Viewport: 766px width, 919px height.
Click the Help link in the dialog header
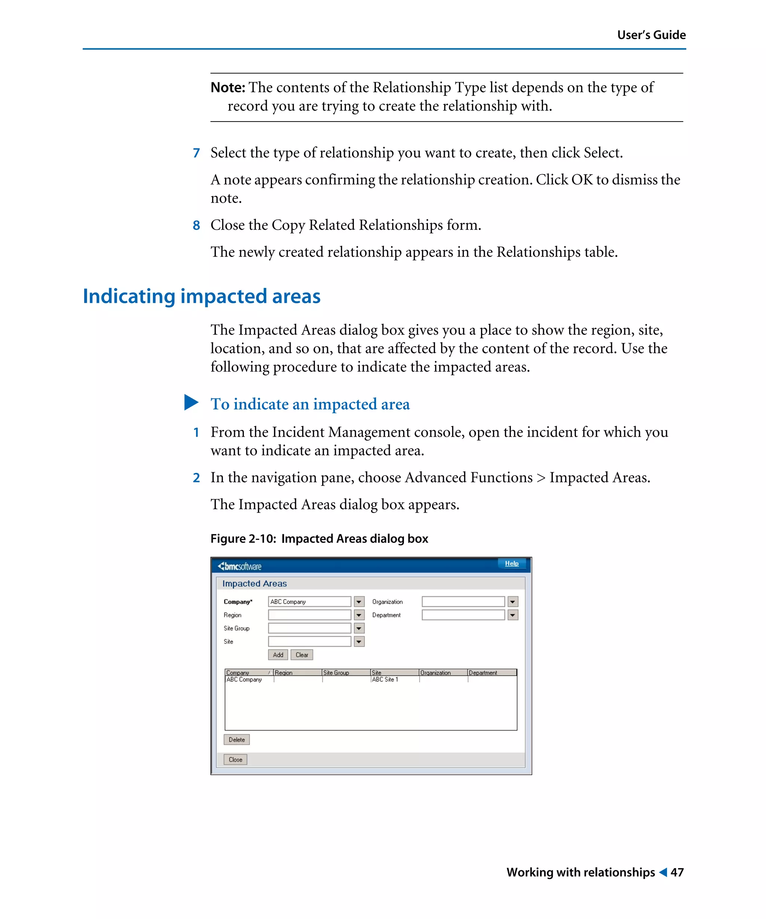coord(511,564)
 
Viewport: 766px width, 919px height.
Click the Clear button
coord(301,655)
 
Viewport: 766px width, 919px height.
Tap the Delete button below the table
coord(236,740)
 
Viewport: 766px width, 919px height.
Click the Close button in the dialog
coord(235,760)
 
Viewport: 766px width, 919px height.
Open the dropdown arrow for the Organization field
coord(512,602)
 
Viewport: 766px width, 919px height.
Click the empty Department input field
coord(463,615)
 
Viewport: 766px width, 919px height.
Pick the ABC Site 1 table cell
coord(385,680)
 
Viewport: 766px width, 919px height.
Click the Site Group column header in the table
coord(336,673)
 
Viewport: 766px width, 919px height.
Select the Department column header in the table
coord(483,673)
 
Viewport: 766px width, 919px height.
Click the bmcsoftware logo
coord(239,566)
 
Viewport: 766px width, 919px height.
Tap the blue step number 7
coord(196,153)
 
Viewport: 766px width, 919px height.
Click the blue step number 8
coord(196,225)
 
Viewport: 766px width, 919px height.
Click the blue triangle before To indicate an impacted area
coord(191,403)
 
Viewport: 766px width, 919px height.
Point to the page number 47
coord(677,873)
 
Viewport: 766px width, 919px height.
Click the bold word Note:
coord(228,87)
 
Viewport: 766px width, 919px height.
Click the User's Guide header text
coord(651,35)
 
